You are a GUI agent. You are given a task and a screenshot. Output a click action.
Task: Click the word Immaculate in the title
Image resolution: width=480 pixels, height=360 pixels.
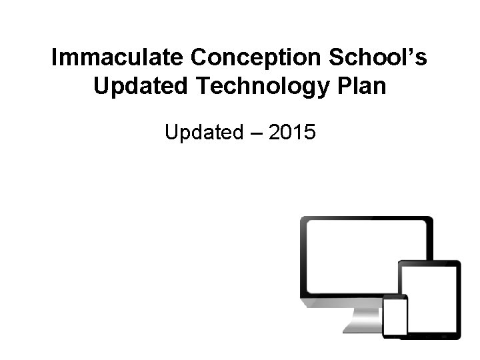pyautogui.click(x=118, y=59)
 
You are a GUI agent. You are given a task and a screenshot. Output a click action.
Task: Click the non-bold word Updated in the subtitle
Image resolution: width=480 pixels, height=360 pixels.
pyautogui.click(x=204, y=133)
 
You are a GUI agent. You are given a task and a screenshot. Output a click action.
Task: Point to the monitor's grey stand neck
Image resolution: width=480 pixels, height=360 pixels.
pyautogui.click(x=362, y=318)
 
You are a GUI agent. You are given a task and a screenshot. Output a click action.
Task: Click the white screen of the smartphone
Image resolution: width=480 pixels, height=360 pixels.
pyautogui.click(x=395, y=317)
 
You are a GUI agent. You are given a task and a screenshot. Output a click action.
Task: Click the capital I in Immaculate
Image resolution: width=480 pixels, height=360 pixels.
pyautogui.click(x=55, y=59)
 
